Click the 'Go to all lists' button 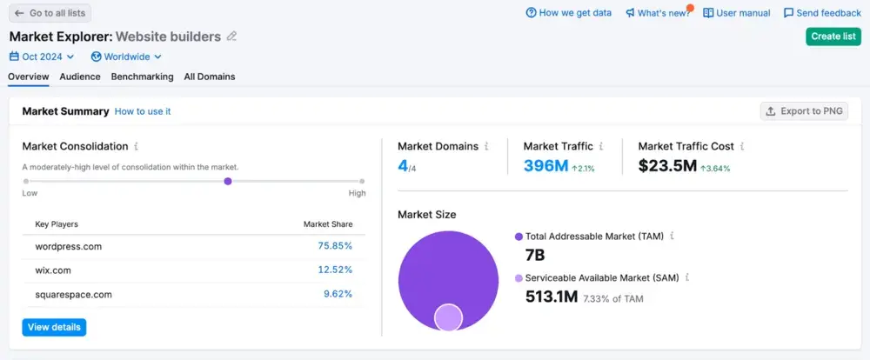click(50, 13)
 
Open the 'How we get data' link click(569, 13)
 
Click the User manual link click(737, 13)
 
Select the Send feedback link click(822, 13)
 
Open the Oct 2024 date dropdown click(42, 57)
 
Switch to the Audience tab click(80, 77)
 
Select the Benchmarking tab click(142, 77)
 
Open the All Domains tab click(210, 77)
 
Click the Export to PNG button click(803, 111)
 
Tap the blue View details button click(54, 327)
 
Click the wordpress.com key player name click(69, 246)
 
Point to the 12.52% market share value click(335, 270)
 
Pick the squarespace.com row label click(74, 294)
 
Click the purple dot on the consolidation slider click(228, 181)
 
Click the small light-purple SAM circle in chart click(448, 317)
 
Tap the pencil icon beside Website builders click(231, 37)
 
